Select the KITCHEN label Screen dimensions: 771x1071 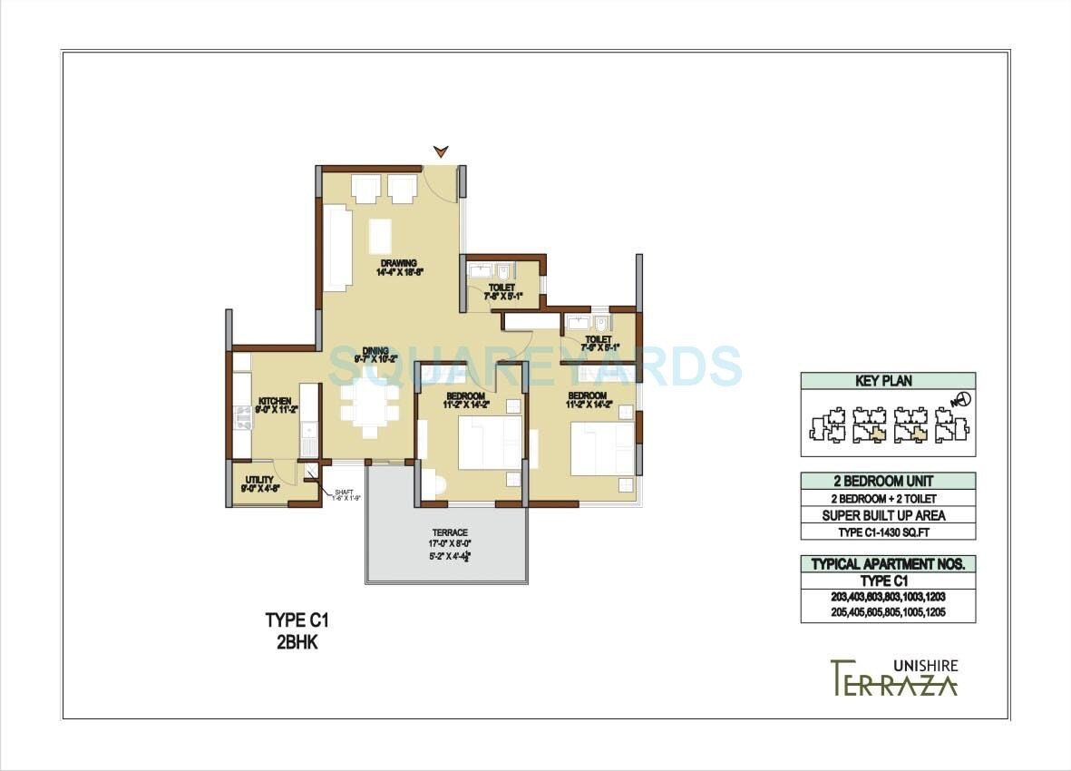point(274,401)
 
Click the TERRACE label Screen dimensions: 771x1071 point(450,532)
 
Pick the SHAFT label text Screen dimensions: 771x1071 point(344,491)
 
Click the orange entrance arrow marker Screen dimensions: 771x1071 point(441,151)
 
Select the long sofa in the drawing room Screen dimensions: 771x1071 point(337,248)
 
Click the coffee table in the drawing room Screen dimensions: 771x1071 point(382,236)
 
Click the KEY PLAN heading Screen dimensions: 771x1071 point(883,381)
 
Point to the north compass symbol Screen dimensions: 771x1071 point(959,400)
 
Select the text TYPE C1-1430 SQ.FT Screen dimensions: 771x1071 point(888,532)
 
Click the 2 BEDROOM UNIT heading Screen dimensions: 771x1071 point(888,481)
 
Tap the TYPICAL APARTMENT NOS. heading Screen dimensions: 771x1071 point(888,564)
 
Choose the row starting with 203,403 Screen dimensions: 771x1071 point(888,598)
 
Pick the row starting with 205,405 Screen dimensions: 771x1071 point(888,614)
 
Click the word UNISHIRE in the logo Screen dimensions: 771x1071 point(924,665)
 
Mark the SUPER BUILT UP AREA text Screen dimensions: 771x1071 point(888,515)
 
